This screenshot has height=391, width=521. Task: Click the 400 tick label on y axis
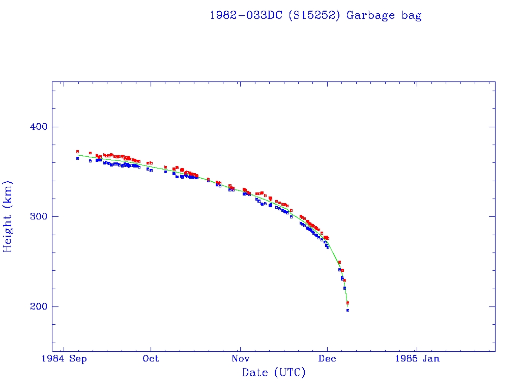(36, 127)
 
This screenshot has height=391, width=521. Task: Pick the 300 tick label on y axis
(36, 216)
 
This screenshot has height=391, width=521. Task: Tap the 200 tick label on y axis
(36, 306)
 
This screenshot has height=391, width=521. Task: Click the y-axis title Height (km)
(8, 216)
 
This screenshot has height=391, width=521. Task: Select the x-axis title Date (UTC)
(274, 373)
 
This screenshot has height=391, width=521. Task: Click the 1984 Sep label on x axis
(64, 359)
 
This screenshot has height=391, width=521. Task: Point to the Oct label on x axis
(151, 359)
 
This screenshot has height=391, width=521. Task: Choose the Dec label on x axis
(328, 359)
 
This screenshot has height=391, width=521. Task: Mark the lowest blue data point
(348, 310)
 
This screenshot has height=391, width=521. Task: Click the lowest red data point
(348, 302)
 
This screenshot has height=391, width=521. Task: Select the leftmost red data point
(77, 151)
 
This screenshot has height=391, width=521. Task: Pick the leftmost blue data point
(77, 158)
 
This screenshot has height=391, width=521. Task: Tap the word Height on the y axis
(8, 228)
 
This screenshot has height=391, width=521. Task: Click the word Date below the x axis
(254, 373)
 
